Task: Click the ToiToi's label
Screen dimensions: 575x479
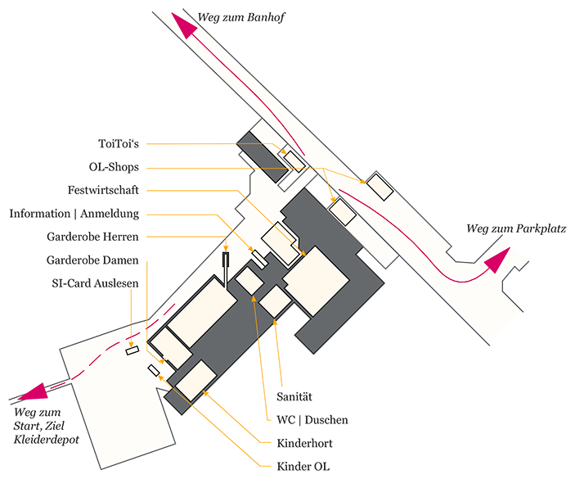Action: pyautogui.click(x=119, y=143)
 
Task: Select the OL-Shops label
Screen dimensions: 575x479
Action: pyautogui.click(x=114, y=167)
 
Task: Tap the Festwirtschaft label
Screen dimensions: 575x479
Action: pyautogui.click(x=103, y=190)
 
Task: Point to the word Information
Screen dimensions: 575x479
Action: pyautogui.click(x=39, y=214)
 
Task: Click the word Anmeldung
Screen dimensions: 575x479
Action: pyautogui.click(x=110, y=214)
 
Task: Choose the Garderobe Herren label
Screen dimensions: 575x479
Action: pyautogui.click(x=92, y=237)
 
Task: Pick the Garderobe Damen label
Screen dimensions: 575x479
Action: pyautogui.click(x=92, y=260)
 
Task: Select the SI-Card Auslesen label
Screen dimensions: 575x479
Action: pyautogui.click(x=95, y=283)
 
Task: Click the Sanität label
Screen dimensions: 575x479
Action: pyautogui.click(x=294, y=397)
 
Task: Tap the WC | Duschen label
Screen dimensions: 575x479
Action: pyautogui.click(x=312, y=420)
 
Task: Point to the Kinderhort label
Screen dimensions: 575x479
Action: pyautogui.click(x=304, y=444)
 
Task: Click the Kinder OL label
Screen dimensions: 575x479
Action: pyautogui.click(x=303, y=467)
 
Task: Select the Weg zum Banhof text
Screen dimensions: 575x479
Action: pyautogui.click(x=241, y=17)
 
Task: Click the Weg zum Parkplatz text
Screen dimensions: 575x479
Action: pyautogui.click(x=516, y=228)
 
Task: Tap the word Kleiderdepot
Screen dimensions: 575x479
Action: pyautogui.click(x=46, y=440)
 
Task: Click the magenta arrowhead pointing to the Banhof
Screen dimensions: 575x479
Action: pyautogui.click(x=185, y=25)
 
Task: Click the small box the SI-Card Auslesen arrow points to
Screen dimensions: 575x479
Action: pyautogui.click(x=133, y=350)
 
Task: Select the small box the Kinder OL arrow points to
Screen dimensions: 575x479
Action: pyautogui.click(x=154, y=370)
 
